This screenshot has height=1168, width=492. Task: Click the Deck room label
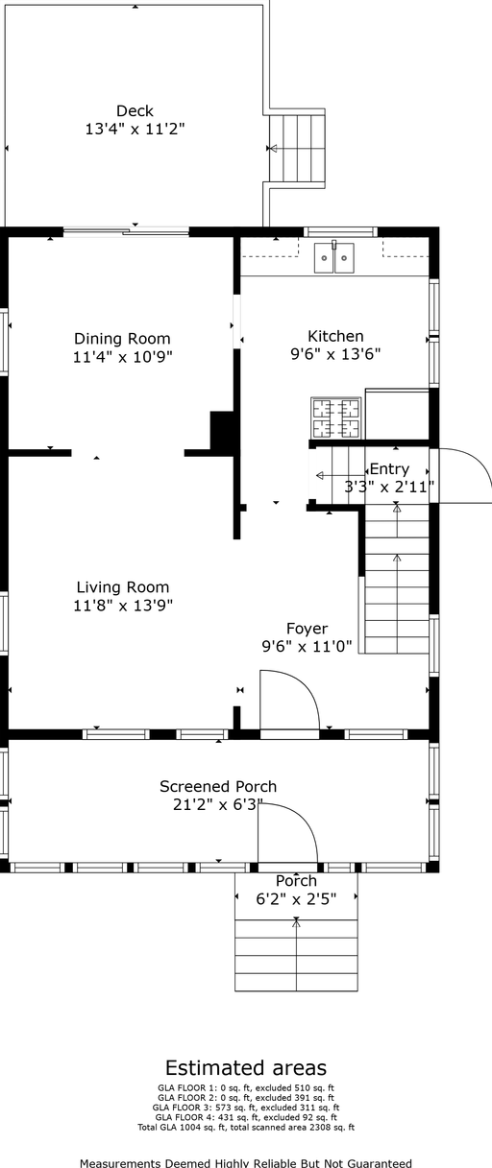click(135, 111)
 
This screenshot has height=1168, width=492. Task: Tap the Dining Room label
click(122, 339)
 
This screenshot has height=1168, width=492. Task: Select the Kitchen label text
click(335, 336)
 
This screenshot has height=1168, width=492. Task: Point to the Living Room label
click(123, 587)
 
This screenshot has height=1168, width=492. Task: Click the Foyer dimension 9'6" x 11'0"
click(307, 647)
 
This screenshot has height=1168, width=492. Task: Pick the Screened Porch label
click(218, 786)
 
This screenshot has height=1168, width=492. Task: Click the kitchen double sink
click(333, 257)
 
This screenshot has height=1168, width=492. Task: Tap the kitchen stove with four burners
click(335, 418)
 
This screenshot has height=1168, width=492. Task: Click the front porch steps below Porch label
click(296, 955)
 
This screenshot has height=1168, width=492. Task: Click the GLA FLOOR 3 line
click(246, 1108)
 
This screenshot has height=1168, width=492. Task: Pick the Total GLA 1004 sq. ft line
click(246, 1128)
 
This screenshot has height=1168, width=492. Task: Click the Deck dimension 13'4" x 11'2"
click(135, 129)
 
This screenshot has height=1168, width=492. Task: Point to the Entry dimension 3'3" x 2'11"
click(389, 487)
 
